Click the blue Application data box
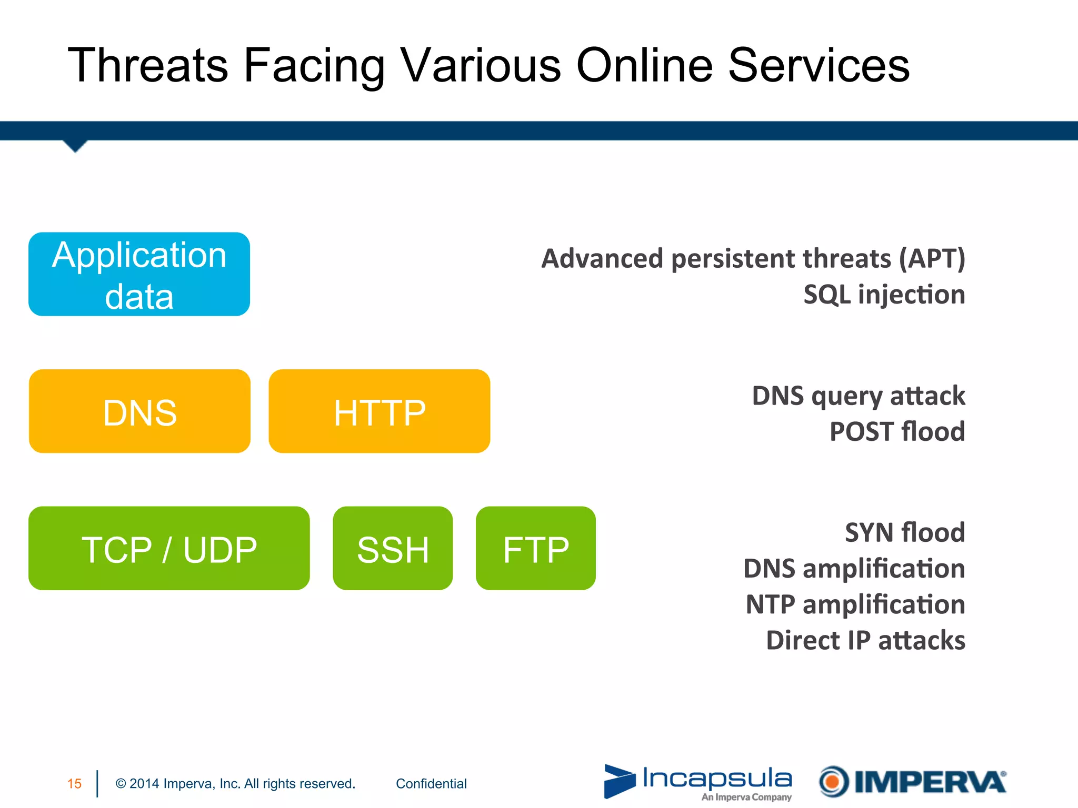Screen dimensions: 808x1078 [139, 274]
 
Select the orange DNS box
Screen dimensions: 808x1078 [139, 411]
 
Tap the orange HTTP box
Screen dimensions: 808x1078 [379, 411]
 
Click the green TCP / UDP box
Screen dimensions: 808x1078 [169, 548]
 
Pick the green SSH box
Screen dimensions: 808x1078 [393, 548]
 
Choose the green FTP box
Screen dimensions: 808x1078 [535, 548]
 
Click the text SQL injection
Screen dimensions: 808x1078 [884, 295]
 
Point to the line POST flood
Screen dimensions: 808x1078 [897, 432]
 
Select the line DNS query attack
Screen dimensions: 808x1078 [859, 396]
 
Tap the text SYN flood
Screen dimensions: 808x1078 [904, 532]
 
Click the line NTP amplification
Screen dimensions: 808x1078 [855, 604]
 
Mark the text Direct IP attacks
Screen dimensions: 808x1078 [865, 640]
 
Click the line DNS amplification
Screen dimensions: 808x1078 [854, 569]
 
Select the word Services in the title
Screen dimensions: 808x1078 [819, 65]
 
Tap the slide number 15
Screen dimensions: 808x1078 [74, 784]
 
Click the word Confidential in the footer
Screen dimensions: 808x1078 [431, 784]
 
